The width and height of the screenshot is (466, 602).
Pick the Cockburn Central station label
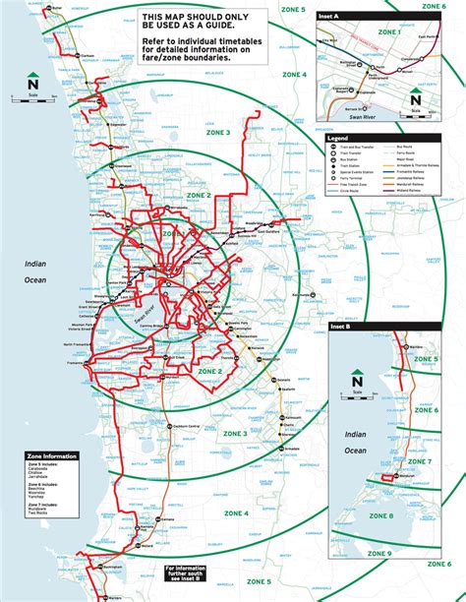183,425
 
